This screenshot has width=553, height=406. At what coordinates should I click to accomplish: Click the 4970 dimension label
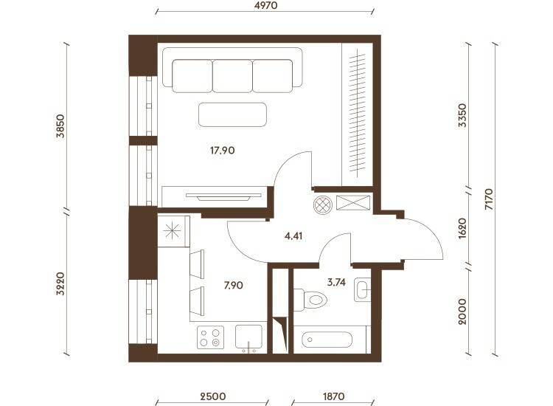265,5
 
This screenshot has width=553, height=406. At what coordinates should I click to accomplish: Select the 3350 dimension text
462,115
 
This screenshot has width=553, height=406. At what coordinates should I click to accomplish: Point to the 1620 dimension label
462,228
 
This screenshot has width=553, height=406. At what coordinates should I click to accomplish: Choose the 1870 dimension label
333,396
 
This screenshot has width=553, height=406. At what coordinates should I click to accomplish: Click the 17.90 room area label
222,151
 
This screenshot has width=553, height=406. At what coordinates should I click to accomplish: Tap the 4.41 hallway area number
293,235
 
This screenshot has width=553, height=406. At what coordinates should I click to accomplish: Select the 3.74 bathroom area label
336,282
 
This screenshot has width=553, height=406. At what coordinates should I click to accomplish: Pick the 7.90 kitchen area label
234,285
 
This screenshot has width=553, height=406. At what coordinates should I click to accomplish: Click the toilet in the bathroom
310,300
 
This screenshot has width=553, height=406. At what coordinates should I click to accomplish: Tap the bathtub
327,340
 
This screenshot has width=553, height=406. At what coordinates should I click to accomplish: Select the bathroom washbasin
362,289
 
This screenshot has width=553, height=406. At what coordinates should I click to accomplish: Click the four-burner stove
210,337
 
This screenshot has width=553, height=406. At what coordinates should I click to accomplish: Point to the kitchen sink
248,337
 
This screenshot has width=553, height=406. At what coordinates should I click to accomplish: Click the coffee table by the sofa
232,114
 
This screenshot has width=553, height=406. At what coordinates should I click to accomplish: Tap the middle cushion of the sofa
232,76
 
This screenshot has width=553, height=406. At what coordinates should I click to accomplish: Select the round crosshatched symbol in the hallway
323,204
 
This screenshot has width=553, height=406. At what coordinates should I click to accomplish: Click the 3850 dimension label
60,125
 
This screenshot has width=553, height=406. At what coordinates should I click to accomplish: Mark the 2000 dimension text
462,312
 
